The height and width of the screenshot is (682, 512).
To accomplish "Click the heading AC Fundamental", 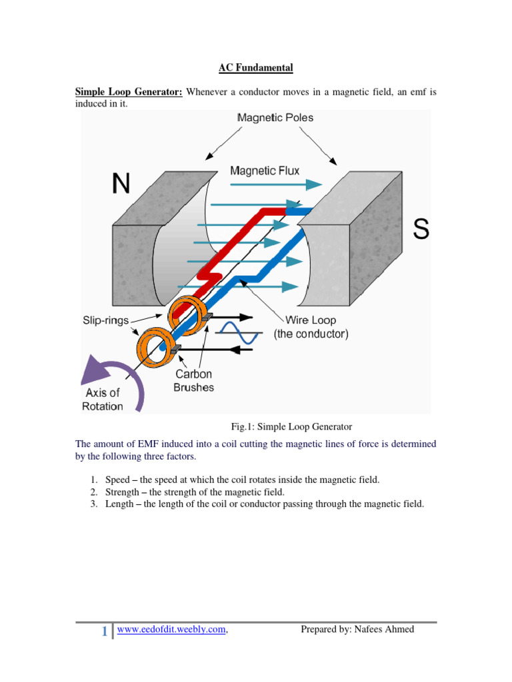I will click(256, 67).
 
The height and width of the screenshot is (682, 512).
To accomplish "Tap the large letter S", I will click(421, 229).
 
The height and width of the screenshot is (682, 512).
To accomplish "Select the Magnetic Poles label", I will click(275, 118).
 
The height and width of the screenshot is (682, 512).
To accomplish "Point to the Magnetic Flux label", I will click(265, 171).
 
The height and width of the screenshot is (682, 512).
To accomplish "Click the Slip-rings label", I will click(106, 321).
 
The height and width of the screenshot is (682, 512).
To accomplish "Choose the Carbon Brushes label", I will click(193, 381).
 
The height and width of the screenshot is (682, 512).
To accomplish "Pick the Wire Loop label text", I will click(311, 320).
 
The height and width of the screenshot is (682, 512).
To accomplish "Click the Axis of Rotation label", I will click(102, 399).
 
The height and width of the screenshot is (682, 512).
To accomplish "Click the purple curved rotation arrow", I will click(121, 380).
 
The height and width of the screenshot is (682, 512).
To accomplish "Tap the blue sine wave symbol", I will click(239, 332).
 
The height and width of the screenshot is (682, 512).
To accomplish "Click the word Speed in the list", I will click(118, 480).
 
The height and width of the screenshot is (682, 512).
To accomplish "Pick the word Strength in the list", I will click(123, 492).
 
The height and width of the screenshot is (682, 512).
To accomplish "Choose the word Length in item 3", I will click(120, 504).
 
